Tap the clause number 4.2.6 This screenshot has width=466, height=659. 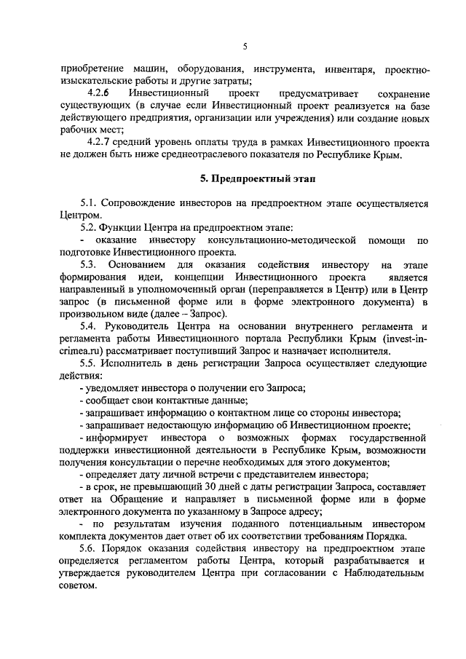click(x=98, y=95)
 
